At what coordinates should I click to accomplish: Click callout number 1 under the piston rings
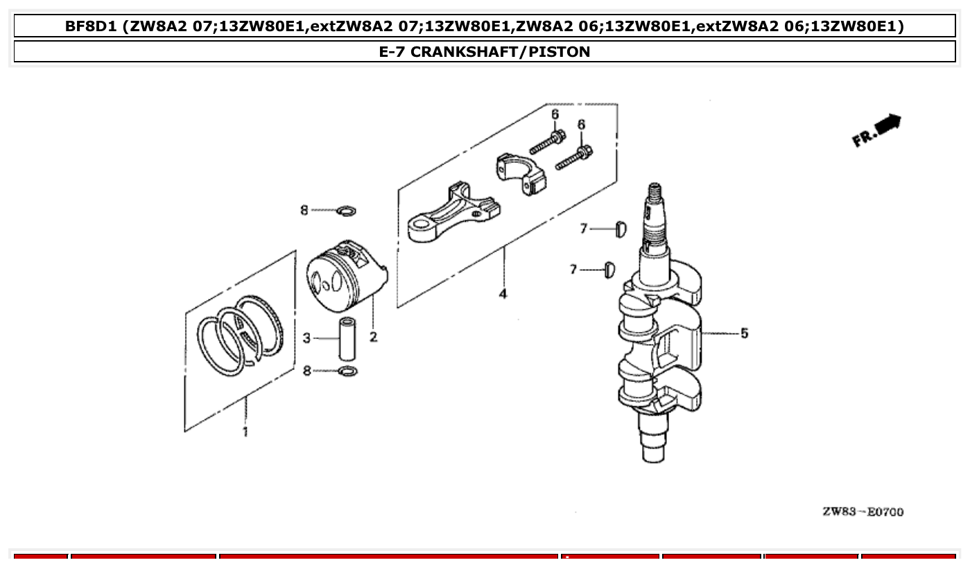coord(245,433)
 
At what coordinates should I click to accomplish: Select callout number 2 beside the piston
coord(373,338)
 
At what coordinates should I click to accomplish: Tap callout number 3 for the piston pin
coord(306,338)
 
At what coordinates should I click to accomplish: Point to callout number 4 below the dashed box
coord(503,294)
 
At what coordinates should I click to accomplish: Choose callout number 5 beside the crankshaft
coord(744,333)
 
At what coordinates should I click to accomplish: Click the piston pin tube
coord(347,338)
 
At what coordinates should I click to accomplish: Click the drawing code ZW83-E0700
coord(863,512)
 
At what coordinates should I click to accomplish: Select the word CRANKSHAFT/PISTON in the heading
coord(499,51)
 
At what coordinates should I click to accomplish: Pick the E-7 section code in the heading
coord(391,51)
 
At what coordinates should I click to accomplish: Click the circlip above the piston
coord(346,210)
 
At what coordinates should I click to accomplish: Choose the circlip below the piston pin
coord(348,372)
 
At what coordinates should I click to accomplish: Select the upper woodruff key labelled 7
coord(621,228)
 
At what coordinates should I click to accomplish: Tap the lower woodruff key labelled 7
coord(609,269)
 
